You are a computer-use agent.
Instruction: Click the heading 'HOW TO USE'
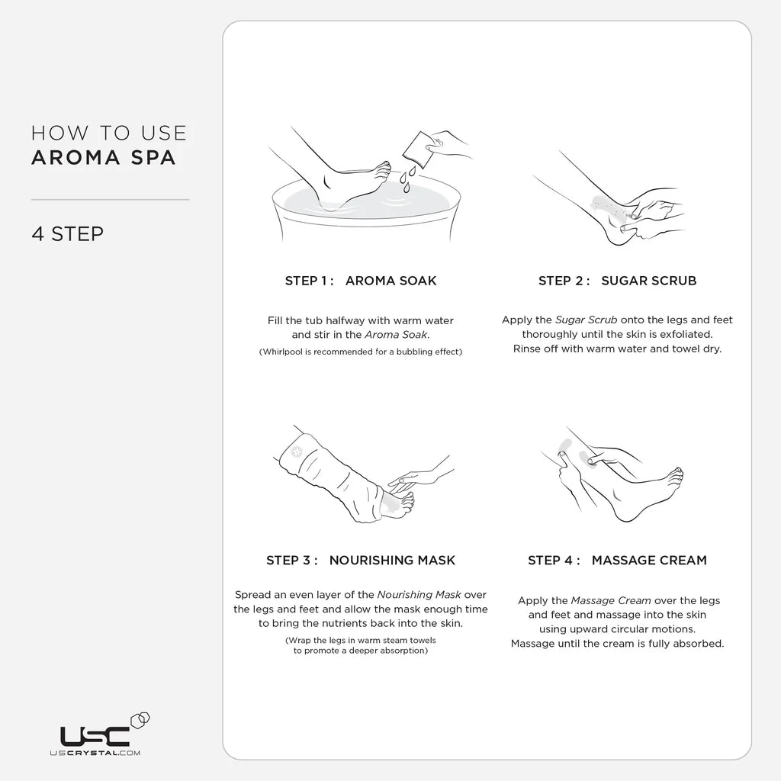(x=108, y=133)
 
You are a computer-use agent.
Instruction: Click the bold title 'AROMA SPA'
(x=104, y=158)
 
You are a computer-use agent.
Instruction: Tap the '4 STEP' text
(x=67, y=233)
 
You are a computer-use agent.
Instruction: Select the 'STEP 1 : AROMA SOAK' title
(x=361, y=281)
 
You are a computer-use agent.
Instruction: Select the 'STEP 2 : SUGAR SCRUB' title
(x=617, y=281)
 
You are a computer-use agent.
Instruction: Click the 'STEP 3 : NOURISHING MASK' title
(x=361, y=561)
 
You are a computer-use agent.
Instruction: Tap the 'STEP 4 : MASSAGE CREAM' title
(x=617, y=561)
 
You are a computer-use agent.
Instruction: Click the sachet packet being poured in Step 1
(x=416, y=147)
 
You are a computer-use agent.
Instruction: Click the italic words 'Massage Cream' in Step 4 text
(x=611, y=601)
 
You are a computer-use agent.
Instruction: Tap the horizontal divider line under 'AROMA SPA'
(x=110, y=200)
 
